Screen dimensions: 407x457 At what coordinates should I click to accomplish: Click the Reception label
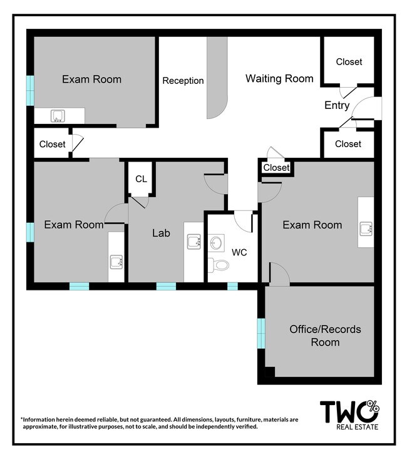coord(183,80)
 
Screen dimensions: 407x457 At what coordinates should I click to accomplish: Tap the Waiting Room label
coord(279,78)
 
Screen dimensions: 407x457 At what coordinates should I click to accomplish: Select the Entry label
coord(337,105)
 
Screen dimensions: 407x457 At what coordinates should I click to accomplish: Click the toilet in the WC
coord(219,265)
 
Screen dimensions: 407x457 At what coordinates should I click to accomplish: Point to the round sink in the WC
coord(216,243)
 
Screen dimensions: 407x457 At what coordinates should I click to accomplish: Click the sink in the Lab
coord(194,242)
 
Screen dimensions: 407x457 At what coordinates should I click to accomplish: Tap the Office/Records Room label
coord(325,336)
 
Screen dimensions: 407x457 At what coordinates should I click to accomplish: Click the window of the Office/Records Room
coord(261,334)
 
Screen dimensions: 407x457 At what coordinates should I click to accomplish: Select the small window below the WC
coord(232,286)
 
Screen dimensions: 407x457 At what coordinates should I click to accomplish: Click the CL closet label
coord(141,179)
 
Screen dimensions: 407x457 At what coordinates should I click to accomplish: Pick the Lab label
coord(161,233)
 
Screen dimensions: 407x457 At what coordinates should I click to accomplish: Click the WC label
coord(239,252)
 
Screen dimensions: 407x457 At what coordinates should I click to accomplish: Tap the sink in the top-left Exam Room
coord(58,116)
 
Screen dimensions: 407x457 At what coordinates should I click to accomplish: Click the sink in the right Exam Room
coord(366,228)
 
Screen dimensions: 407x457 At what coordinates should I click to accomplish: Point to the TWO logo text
coord(350,411)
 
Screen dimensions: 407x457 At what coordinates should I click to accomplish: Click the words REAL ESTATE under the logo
coord(357,427)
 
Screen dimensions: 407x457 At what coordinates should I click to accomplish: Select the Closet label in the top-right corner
coord(349,62)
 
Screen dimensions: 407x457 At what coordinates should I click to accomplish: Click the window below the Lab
coord(166,286)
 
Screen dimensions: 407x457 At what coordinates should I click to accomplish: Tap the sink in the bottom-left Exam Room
coord(116,262)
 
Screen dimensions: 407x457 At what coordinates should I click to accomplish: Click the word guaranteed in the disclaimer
coord(157,419)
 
